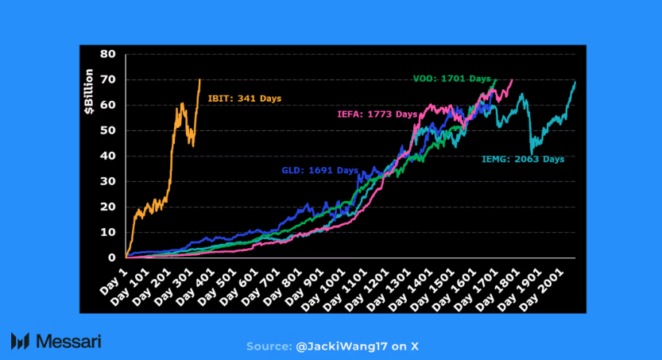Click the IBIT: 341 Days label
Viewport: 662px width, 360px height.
click(x=244, y=99)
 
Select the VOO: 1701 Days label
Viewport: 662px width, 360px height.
click(x=451, y=79)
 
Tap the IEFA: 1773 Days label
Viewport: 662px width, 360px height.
click(x=377, y=114)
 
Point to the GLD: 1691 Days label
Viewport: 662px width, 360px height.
click(x=319, y=171)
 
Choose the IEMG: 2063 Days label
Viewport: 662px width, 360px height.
click(x=523, y=159)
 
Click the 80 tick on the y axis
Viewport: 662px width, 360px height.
click(x=109, y=54)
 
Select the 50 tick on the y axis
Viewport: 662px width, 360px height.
click(x=109, y=130)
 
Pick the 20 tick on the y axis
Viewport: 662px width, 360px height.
click(x=109, y=207)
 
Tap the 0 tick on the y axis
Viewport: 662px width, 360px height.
click(x=113, y=257)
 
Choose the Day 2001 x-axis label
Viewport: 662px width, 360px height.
click(x=553, y=285)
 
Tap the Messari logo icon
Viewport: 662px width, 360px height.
click(x=21, y=341)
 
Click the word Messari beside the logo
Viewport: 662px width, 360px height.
click(x=68, y=341)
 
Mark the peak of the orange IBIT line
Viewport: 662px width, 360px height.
click(x=199, y=79)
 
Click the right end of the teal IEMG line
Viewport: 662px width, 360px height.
click(x=575, y=83)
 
